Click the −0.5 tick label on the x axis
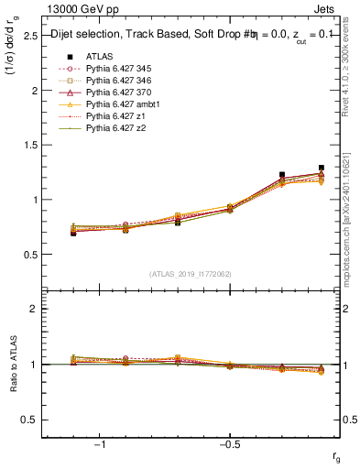click(228, 444)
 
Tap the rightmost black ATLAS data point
click(321, 168)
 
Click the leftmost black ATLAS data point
click(73, 234)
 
